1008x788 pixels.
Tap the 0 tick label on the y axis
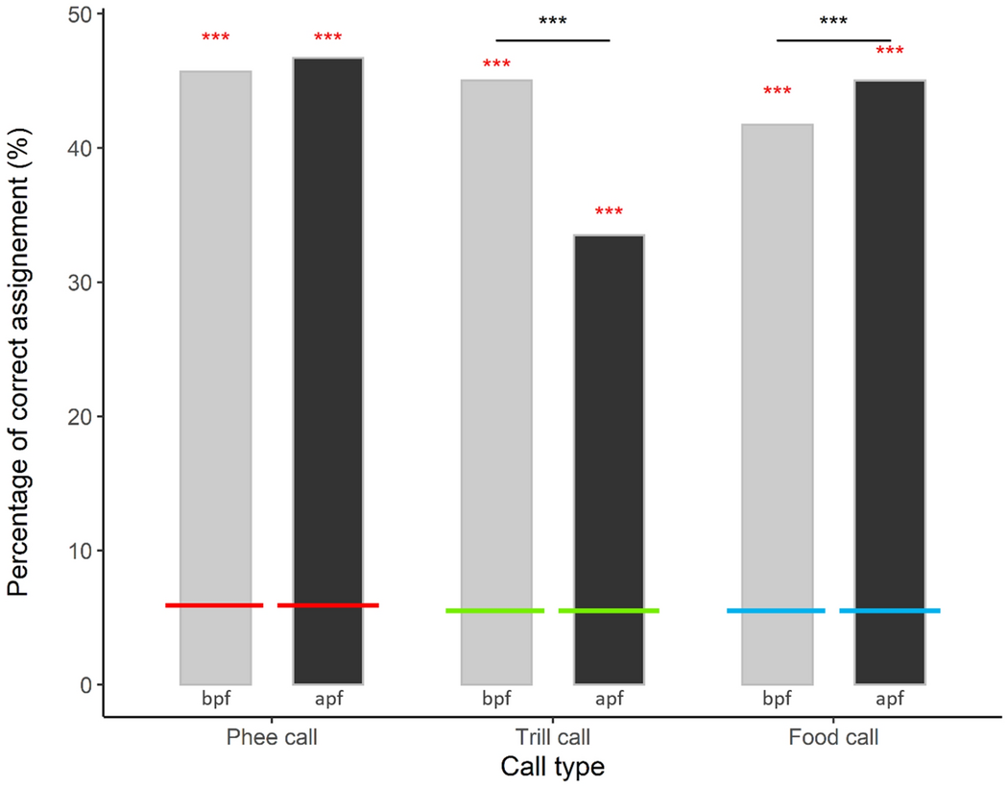click(84, 685)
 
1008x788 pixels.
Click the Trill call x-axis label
click(552, 739)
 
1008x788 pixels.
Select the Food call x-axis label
click(833, 739)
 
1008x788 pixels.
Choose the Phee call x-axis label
click(272, 739)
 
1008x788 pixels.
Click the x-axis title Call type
click(552, 768)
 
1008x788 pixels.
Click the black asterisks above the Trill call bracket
click(553, 21)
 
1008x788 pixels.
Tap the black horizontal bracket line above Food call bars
click(833, 40)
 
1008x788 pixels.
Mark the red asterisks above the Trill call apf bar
click(609, 212)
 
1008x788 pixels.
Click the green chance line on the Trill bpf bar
click(496, 611)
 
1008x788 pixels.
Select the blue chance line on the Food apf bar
click(890, 611)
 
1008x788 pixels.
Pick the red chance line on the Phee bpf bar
click(215, 605)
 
